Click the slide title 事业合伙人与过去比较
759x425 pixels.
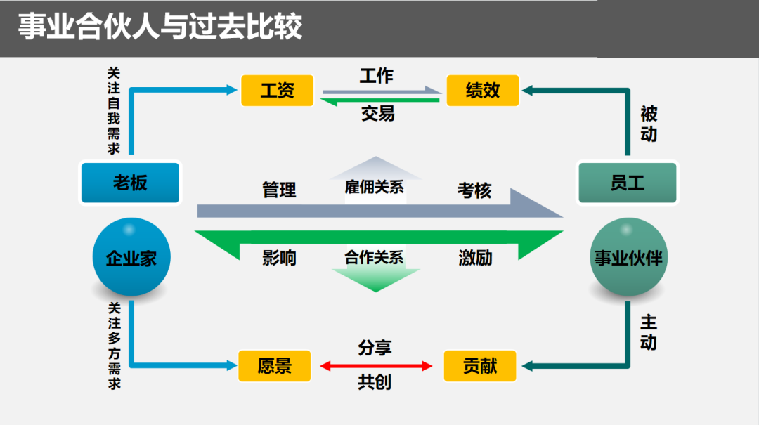pos(160,27)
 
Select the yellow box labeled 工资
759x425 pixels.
pos(277,91)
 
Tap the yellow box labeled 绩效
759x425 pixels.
pos(483,91)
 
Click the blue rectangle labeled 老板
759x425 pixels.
pos(131,183)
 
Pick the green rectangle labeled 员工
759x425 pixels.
pos(627,183)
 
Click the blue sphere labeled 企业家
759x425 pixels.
pos(131,257)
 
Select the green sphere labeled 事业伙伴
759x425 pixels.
pos(628,258)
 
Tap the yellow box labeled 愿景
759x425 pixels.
pos(274,366)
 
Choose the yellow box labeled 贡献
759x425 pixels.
pos(480,366)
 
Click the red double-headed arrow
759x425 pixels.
pos(376,366)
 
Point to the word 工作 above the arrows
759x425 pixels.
pos(377,76)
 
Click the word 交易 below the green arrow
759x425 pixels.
pos(378,113)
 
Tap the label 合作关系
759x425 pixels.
pos(374,258)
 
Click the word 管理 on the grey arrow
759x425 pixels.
pos(279,190)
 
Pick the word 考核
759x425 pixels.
pos(474,190)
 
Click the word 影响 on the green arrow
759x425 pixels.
pos(279,258)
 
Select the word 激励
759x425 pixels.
pos(475,258)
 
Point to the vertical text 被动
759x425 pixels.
pos(648,124)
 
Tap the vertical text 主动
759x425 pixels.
pos(648,332)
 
